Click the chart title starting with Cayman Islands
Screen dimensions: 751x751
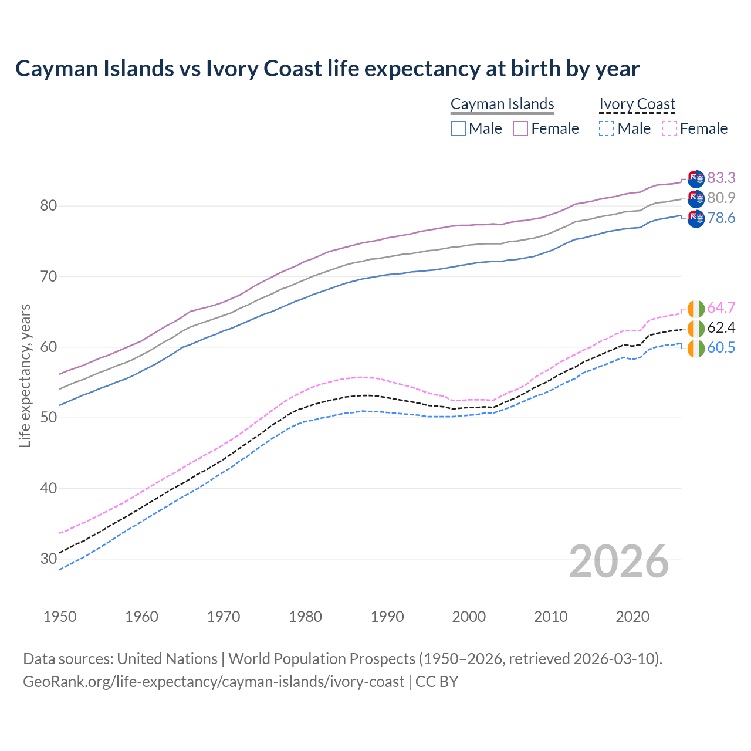click(x=327, y=69)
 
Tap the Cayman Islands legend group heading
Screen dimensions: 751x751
click(x=502, y=104)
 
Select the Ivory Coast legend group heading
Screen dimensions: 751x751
click(x=637, y=104)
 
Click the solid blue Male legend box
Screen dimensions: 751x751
click(x=458, y=128)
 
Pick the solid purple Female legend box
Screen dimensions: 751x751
click(x=520, y=128)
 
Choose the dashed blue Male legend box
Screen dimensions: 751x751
click(x=607, y=128)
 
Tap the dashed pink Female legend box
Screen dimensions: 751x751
click(x=669, y=128)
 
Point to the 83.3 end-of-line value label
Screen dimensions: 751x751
click(x=721, y=178)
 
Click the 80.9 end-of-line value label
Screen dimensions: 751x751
click(x=721, y=198)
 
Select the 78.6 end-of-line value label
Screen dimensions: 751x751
click(x=721, y=218)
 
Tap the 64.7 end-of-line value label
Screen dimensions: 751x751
click(x=721, y=307)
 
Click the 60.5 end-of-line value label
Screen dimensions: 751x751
click(x=721, y=347)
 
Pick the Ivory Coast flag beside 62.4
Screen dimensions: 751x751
click(x=696, y=328)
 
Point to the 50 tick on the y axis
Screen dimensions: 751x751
click(x=48, y=417)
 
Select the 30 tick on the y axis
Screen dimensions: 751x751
click(x=48, y=559)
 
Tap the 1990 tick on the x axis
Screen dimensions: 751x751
click(x=387, y=617)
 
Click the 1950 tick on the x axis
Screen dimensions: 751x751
click(x=60, y=617)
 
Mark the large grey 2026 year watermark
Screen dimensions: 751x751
click(x=619, y=561)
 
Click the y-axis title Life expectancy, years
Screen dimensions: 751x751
click(x=25, y=375)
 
